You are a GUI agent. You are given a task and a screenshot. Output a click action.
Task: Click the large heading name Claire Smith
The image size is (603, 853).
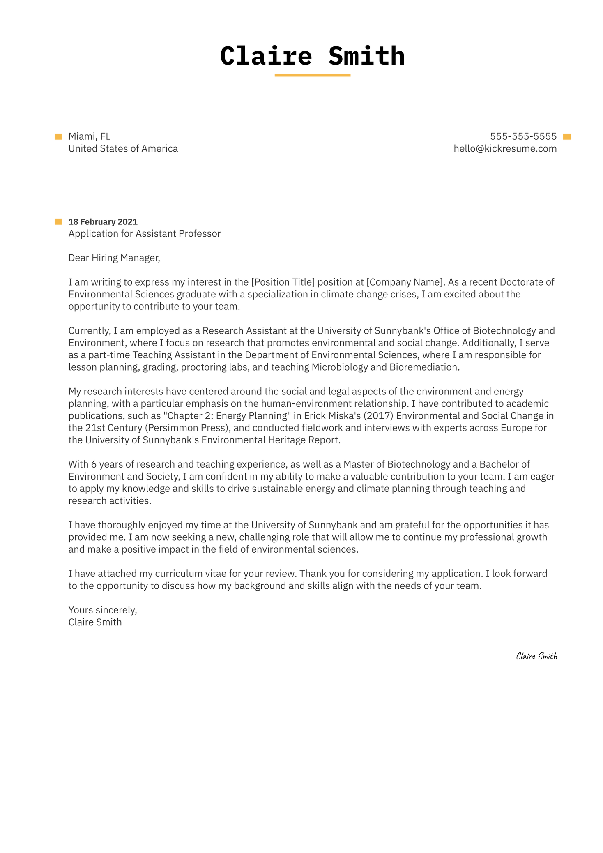pyautogui.click(x=312, y=56)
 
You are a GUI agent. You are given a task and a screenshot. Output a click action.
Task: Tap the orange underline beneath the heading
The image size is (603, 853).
pyautogui.click(x=312, y=76)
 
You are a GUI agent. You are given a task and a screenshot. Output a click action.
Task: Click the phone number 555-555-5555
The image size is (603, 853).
pyautogui.click(x=523, y=136)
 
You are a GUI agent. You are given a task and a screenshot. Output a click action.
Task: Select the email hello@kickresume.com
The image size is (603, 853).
pyautogui.click(x=505, y=149)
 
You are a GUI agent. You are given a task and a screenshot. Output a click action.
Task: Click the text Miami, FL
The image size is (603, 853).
pyautogui.click(x=89, y=136)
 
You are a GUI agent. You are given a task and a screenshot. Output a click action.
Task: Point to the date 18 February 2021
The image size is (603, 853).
pyautogui.click(x=103, y=222)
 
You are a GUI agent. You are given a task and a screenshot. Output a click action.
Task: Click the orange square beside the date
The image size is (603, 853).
pyautogui.click(x=58, y=222)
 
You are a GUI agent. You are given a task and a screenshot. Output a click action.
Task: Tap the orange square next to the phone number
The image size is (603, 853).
pyautogui.click(x=567, y=137)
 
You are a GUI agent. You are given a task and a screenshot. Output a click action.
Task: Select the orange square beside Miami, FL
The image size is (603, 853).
pyautogui.click(x=58, y=137)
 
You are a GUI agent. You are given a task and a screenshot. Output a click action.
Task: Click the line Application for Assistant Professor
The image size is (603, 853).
pyautogui.click(x=144, y=234)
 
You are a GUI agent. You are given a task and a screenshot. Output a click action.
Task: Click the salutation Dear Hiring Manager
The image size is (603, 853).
pyautogui.click(x=114, y=258)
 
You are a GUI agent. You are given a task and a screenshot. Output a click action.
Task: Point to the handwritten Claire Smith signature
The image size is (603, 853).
pyautogui.click(x=536, y=656)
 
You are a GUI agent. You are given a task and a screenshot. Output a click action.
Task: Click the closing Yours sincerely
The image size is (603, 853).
pyautogui.click(x=102, y=610)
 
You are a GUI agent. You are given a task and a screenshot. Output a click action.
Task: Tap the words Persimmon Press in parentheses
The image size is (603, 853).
pyautogui.click(x=187, y=428)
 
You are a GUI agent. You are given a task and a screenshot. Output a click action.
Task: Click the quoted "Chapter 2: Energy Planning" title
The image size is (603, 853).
pyautogui.click(x=227, y=416)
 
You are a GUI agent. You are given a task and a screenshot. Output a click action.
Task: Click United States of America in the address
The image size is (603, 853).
pyautogui.click(x=123, y=149)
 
